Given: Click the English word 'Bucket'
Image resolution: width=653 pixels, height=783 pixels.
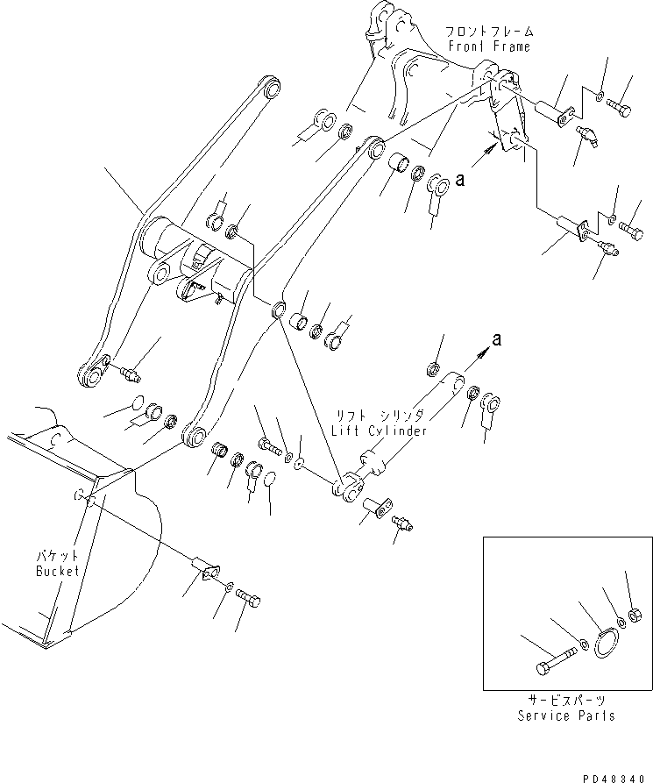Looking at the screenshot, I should [58, 571].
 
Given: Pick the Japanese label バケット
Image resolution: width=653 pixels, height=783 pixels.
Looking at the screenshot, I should [58, 557].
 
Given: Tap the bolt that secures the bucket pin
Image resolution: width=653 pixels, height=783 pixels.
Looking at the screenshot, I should [251, 601].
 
